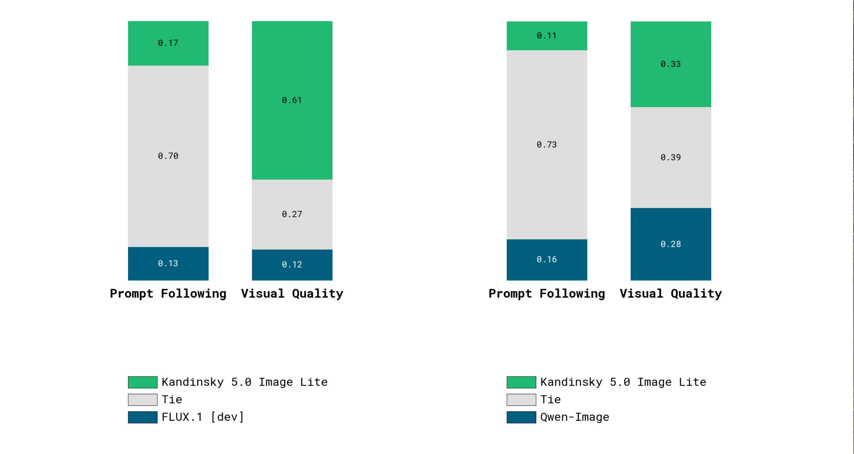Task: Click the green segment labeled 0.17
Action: [x=168, y=43]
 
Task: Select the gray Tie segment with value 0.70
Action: [x=168, y=156]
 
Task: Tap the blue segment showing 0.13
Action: [x=168, y=263]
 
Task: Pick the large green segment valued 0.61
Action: [x=292, y=100]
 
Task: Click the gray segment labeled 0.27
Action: [x=292, y=214]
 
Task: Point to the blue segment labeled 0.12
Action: [x=292, y=264]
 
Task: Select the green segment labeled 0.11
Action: [x=547, y=36]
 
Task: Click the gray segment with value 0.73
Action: [x=547, y=144]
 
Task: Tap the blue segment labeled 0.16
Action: [x=547, y=260]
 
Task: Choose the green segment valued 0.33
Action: [x=670, y=64]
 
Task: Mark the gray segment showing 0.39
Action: [x=670, y=157]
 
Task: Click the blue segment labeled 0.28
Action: [x=670, y=244]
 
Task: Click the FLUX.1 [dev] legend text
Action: [x=202, y=417]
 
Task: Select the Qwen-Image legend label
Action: [x=575, y=417]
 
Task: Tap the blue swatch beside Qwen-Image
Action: [x=521, y=417]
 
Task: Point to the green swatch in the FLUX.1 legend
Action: [x=143, y=382]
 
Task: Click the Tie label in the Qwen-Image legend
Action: [x=550, y=400]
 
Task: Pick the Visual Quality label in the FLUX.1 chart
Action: [x=292, y=293]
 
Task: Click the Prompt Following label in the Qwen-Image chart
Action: [x=547, y=293]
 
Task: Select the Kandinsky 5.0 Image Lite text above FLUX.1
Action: [x=244, y=382]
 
